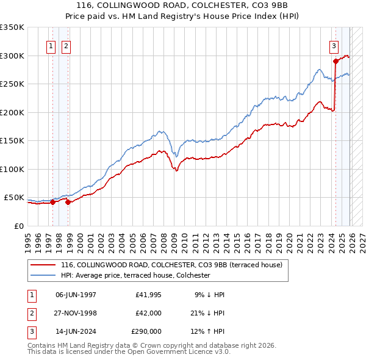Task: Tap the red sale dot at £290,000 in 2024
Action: click(x=335, y=61)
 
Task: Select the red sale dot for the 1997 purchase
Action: click(x=52, y=203)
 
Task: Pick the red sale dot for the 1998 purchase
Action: click(x=68, y=203)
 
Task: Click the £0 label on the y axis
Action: click(x=18, y=226)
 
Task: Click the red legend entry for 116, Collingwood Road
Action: click(x=171, y=265)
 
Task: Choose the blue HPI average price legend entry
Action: click(x=135, y=276)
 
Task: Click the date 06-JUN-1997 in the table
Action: click(x=76, y=295)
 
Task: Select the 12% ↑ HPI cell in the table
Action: click(x=207, y=331)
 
